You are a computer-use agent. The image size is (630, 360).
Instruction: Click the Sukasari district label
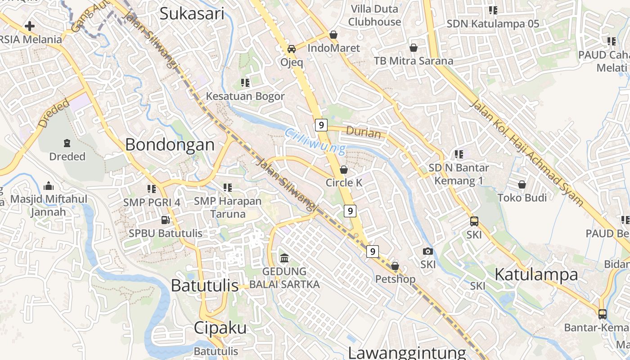[192, 13]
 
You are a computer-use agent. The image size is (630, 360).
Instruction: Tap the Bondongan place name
[170, 144]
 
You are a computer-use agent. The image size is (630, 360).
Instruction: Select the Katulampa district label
[536, 274]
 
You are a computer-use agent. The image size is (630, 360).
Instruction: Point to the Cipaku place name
[220, 328]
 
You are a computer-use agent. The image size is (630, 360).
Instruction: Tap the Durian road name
[364, 133]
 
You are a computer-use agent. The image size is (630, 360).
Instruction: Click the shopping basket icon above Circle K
[344, 170]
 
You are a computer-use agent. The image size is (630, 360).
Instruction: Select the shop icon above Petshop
[395, 266]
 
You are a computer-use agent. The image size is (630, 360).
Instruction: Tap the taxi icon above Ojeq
[292, 49]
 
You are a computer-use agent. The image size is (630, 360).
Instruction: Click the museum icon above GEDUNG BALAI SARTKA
[284, 258]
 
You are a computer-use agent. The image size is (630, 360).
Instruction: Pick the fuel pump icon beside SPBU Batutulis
[166, 220]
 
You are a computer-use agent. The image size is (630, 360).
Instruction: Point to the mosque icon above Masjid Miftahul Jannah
[49, 186]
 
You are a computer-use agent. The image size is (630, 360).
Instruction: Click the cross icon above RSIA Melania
[30, 26]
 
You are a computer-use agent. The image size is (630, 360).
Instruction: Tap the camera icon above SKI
[428, 251]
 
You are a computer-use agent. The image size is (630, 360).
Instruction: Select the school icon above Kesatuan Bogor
[245, 83]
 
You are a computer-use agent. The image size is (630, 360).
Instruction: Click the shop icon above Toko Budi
[522, 184]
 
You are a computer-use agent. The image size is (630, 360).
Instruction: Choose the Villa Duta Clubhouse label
[374, 15]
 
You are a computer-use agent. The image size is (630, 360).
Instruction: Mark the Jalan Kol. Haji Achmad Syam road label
[526, 153]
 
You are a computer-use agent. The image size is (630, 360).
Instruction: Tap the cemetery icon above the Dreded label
[67, 143]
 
